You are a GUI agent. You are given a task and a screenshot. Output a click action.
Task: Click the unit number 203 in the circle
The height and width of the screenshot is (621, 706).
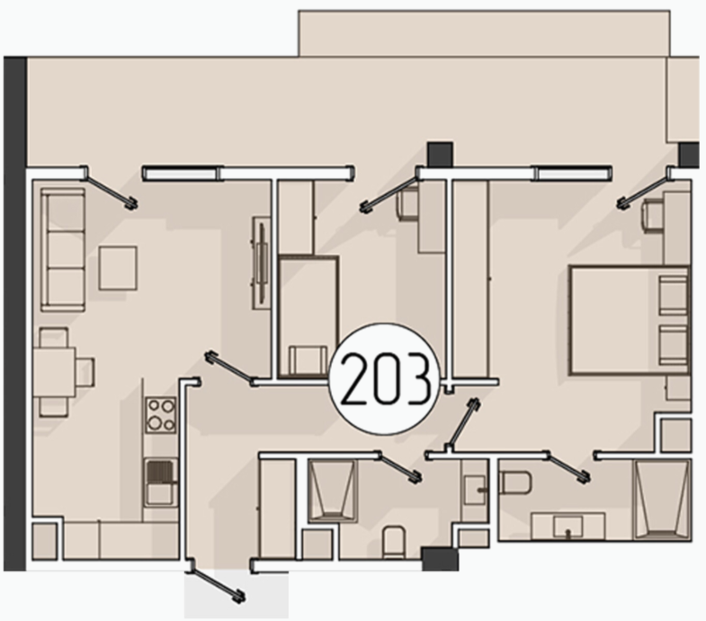(384, 379)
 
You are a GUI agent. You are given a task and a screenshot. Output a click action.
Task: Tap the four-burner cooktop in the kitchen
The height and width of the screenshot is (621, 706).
(161, 415)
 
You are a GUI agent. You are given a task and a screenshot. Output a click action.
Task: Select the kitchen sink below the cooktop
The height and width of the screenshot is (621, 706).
(161, 483)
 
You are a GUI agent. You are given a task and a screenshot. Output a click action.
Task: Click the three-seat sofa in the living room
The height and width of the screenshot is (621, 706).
(63, 250)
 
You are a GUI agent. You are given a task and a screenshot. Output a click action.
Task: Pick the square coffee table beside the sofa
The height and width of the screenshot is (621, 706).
(118, 268)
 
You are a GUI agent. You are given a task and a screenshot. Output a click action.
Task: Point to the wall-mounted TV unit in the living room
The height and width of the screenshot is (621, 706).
(261, 262)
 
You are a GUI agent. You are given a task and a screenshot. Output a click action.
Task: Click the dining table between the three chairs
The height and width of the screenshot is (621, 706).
(54, 372)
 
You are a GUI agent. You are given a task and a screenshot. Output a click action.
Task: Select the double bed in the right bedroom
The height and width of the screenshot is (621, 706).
(630, 320)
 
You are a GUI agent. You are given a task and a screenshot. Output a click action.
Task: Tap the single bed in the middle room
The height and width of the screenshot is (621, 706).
(308, 316)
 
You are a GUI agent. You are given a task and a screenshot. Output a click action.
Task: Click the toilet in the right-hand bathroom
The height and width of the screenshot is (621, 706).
(516, 483)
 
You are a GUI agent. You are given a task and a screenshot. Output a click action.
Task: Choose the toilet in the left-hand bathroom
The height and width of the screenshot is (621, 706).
(394, 543)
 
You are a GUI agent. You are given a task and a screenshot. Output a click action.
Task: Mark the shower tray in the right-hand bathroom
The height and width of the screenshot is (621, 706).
(662, 500)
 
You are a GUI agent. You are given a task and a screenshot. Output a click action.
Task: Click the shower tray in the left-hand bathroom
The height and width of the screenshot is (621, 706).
(332, 492)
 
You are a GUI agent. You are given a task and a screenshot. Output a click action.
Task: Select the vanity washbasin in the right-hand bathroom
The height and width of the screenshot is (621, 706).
(568, 526)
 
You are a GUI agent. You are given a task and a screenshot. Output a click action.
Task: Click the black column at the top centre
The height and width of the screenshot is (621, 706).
(440, 154)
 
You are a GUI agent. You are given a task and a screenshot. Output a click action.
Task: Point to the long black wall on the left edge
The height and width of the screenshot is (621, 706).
(15, 314)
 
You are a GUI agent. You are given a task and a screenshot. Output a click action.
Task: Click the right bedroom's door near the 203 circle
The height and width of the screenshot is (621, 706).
(463, 423)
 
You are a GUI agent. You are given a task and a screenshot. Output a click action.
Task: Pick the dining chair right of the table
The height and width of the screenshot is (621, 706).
(85, 372)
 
